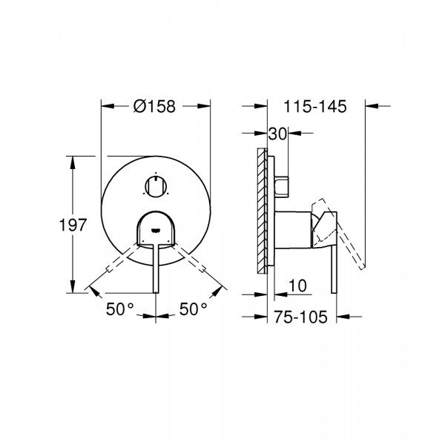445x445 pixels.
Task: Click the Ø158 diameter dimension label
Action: tap(154, 106)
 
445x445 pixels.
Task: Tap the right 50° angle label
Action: tap(192, 309)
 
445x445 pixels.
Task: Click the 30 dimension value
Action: tap(279, 134)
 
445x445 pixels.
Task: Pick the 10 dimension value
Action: tap(296, 284)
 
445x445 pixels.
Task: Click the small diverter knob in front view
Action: tap(155, 186)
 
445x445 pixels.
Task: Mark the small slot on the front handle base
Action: tap(155, 229)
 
